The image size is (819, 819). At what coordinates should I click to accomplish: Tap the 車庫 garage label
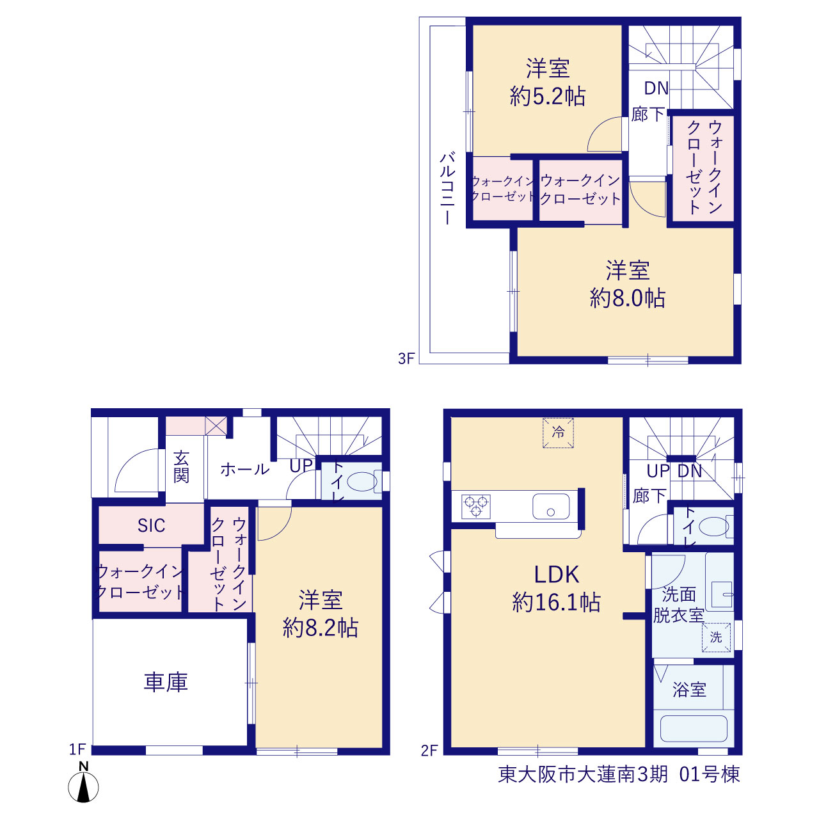(166, 683)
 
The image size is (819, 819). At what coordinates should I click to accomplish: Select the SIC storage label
(151, 526)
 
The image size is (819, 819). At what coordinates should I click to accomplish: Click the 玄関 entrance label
(181, 466)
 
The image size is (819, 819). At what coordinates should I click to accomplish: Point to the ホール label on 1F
(245, 469)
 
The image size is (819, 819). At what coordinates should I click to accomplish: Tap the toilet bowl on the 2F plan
(716, 527)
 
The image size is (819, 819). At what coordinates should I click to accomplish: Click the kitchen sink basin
(551, 506)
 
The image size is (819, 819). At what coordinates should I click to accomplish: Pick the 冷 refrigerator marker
(558, 433)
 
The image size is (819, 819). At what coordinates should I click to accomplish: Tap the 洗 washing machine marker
(716, 637)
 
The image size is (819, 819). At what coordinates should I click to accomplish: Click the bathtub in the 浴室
(694, 729)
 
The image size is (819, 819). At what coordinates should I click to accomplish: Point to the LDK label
(556, 575)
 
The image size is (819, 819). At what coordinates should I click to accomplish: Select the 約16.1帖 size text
(556, 603)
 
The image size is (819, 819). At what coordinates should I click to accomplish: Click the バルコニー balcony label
(447, 188)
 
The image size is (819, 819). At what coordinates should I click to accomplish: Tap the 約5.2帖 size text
(548, 97)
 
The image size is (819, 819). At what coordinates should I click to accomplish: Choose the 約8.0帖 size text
(627, 298)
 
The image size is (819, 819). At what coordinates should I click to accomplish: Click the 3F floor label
(406, 359)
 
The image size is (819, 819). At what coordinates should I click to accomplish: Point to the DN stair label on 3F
(656, 88)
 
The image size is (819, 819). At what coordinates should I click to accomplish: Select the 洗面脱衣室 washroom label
(678, 605)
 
